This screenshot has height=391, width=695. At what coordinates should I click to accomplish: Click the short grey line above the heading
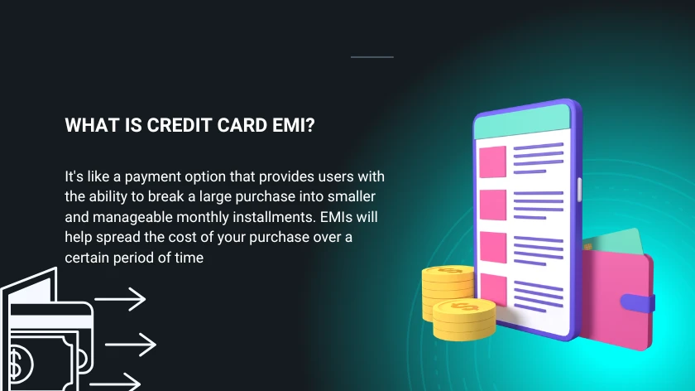click(x=372, y=57)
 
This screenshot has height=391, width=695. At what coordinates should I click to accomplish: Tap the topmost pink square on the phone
click(x=493, y=161)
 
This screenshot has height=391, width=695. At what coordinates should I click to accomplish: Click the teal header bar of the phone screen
click(x=523, y=122)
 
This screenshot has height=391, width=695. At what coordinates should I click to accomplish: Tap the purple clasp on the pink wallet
click(x=649, y=303)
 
